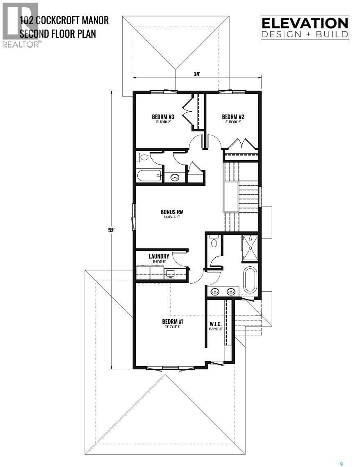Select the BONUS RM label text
(x=171, y=212)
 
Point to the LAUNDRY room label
(x=159, y=256)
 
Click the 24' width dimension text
(x=197, y=74)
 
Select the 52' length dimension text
(x=111, y=230)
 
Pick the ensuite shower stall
(x=250, y=247)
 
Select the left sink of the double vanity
(x=215, y=291)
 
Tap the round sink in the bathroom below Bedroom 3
(x=175, y=178)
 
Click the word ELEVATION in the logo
(x=305, y=23)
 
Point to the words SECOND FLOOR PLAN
(x=58, y=33)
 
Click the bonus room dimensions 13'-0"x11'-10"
(x=171, y=217)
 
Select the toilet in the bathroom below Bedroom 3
(x=144, y=157)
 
